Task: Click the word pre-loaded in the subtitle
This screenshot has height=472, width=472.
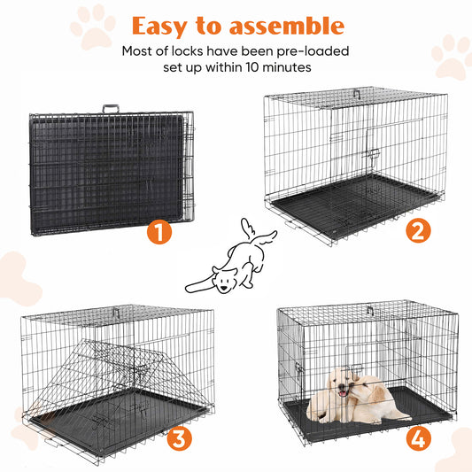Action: tap(313, 50)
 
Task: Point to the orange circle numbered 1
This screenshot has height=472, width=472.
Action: tap(159, 233)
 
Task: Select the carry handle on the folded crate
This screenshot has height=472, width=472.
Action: tap(110, 108)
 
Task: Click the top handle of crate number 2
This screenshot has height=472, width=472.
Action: tap(357, 92)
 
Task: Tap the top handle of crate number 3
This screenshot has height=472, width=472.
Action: tap(115, 311)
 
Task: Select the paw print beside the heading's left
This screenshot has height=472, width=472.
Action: tap(92, 27)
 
